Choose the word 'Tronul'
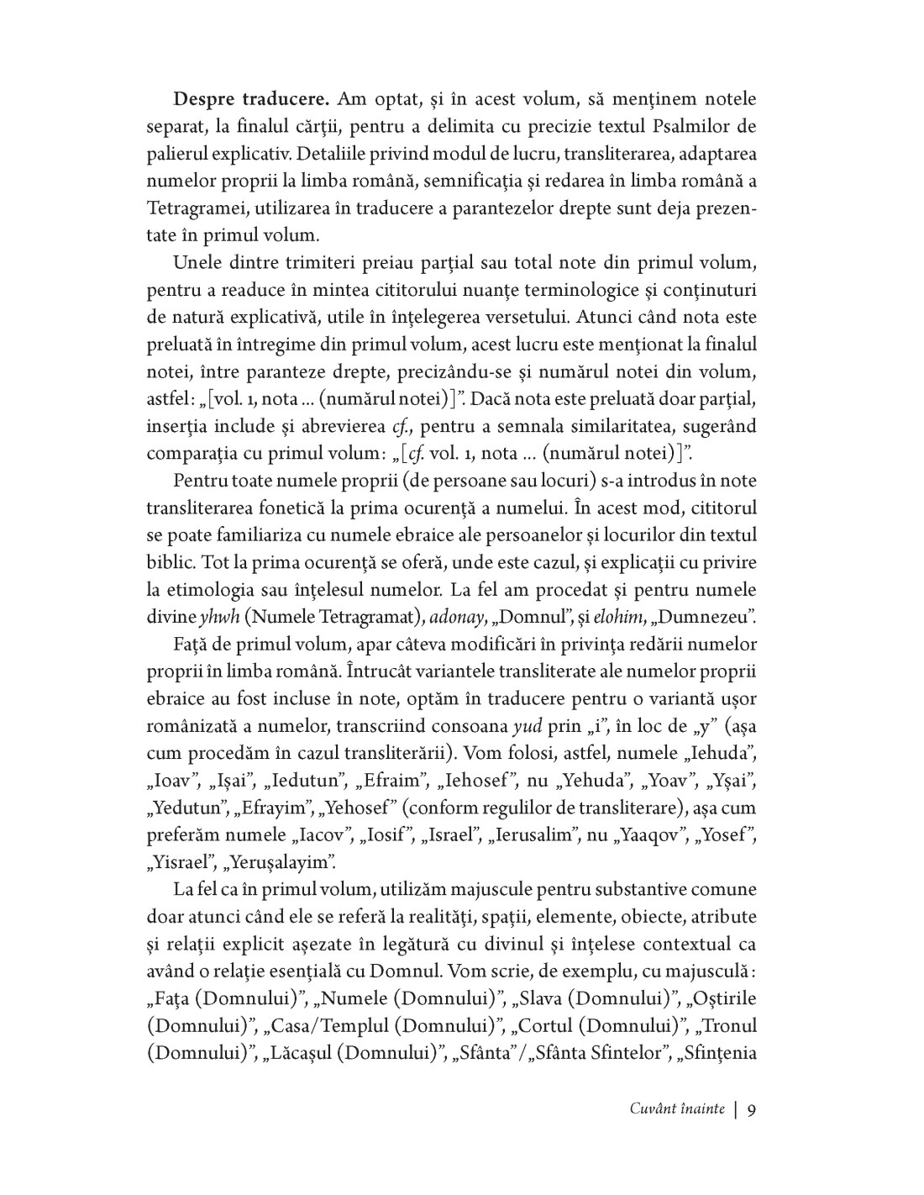(x=727, y=1025)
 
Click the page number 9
(x=752, y=1108)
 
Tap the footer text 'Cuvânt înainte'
(x=676, y=1108)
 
